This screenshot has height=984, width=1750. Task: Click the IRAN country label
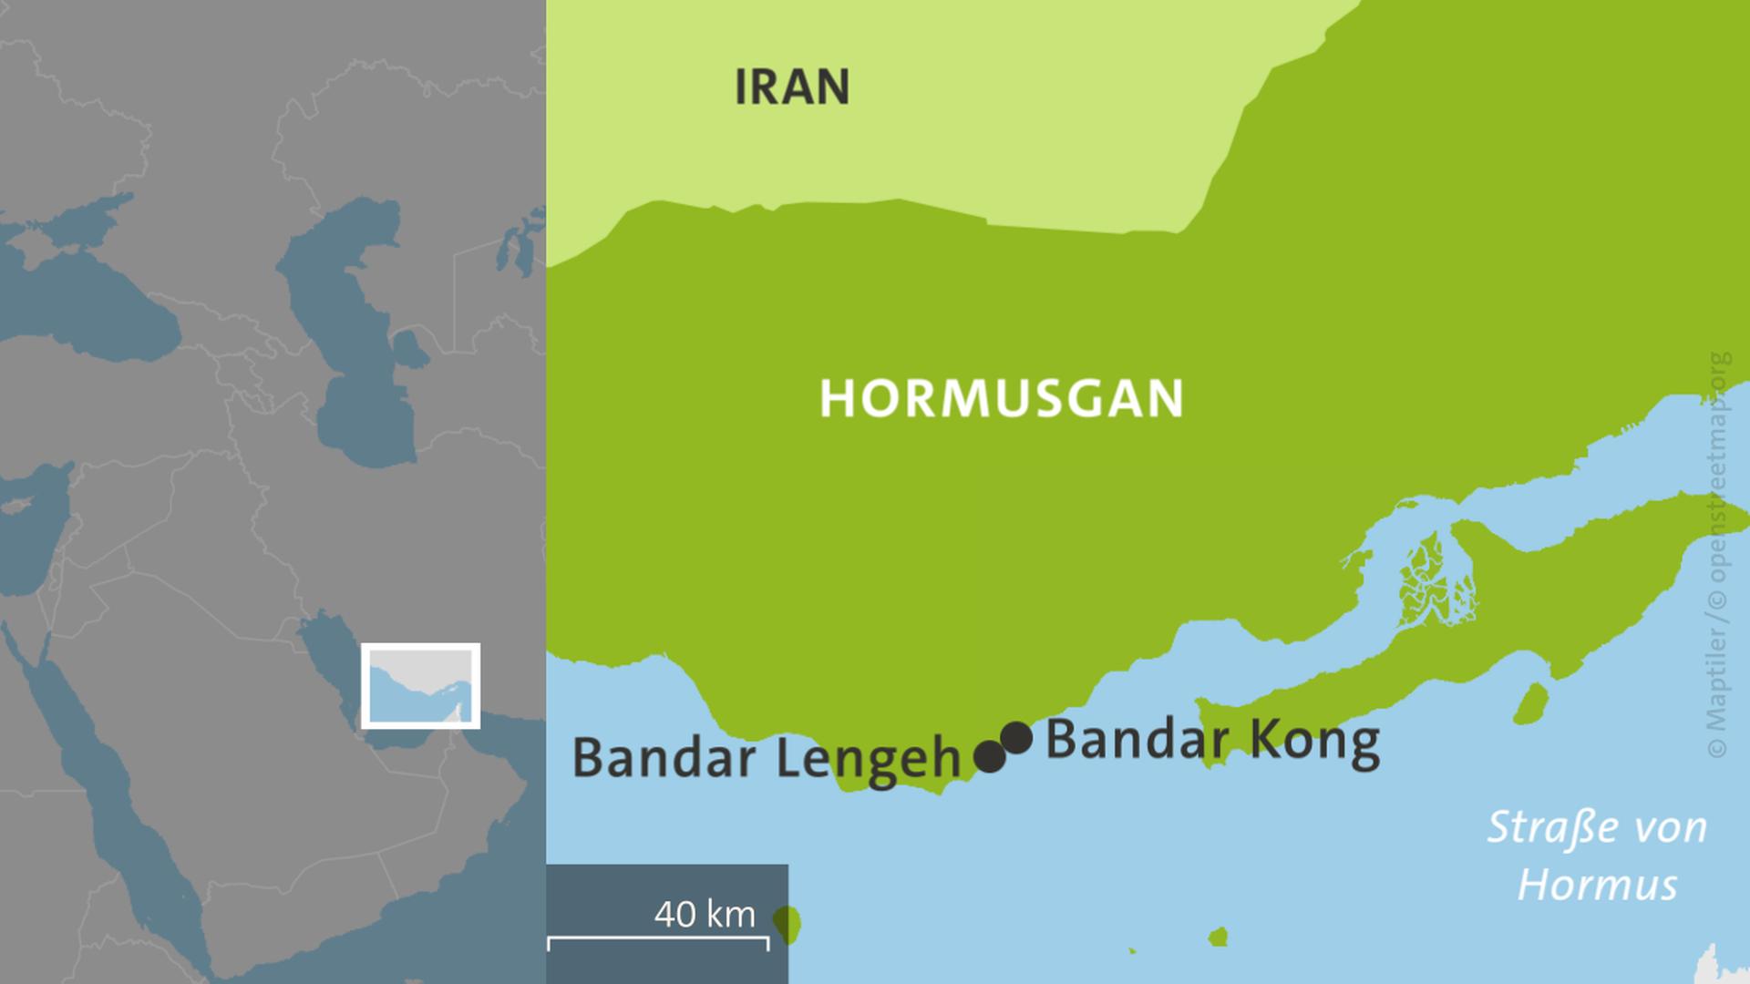(791, 87)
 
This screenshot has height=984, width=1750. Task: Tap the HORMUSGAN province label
(1001, 398)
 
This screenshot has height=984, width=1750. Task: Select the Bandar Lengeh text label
(767, 758)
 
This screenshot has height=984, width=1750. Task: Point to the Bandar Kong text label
(1212, 740)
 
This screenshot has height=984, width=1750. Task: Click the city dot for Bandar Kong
(1016, 737)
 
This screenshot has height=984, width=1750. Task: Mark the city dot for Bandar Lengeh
(990, 756)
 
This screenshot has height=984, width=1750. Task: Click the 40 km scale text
(705, 914)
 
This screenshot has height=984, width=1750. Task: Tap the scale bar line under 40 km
(657, 938)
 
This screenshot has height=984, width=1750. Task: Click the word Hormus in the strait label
(1597, 885)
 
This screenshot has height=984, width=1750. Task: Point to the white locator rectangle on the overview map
(420, 686)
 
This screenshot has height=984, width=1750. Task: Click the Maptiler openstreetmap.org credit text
(1717, 556)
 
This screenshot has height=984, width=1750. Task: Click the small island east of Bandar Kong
(1531, 703)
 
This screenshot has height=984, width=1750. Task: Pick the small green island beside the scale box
(787, 924)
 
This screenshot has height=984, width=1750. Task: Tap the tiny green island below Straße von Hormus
(1218, 937)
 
